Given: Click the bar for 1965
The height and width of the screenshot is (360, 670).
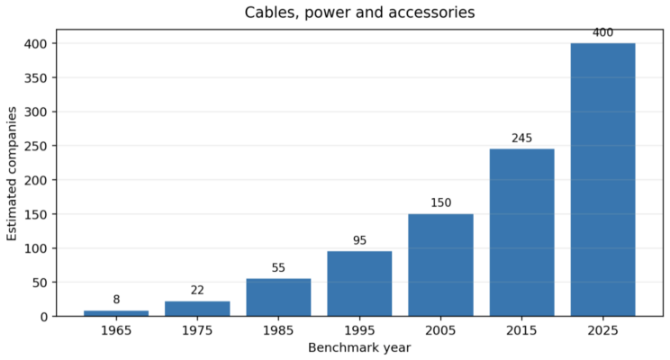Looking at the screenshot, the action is pyautogui.click(x=116, y=313).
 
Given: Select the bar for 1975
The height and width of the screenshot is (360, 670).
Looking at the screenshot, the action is pyautogui.click(x=197, y=309).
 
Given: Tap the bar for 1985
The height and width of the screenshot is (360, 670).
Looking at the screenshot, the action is pyautogui.click(x=278, y=297).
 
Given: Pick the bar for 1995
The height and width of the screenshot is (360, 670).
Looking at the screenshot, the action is pyautogui.click(x=360, y=283).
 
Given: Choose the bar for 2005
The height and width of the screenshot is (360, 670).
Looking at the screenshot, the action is pyautogui.click(x=441, y=265).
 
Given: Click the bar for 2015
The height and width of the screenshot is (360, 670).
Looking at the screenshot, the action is pyautogui.click(x=522, y=232).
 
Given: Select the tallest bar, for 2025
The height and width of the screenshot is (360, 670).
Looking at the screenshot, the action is pyautogui.click(x=603, y=179).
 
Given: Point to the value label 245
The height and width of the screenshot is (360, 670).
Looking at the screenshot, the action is pyautogui.click(x=522, y=138).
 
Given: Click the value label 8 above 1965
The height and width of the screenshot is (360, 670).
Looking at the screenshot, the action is pyautogui.click(x=116, y=300).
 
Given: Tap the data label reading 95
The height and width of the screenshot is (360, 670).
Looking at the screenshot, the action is pyautogui.click(x=360, y=240).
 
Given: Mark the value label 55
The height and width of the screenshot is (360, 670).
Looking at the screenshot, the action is pyautogui.click(x=278, y=268).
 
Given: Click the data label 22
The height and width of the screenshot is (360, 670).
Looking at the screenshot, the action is pyautogui.click(x=197, y=291).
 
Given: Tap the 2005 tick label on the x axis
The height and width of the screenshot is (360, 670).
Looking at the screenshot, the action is pyautogui.click(x=441, y=330).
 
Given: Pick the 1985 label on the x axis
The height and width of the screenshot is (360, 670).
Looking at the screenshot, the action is pyautogui.click(x=278, y=330).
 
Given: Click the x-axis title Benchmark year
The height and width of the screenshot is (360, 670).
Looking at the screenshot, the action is pyautogui.click(x=359, y=347).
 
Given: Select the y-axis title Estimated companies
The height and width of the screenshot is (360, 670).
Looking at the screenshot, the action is pyautogui.click(x=12, y=174).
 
